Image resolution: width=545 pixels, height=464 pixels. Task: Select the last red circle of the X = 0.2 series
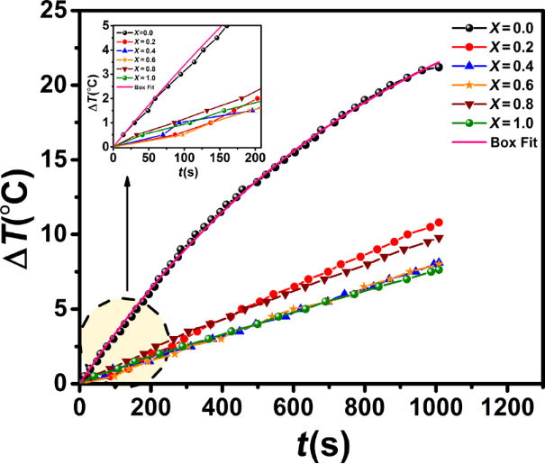pos(439,223)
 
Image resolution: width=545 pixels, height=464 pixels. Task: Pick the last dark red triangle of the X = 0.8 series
pos(439,239)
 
